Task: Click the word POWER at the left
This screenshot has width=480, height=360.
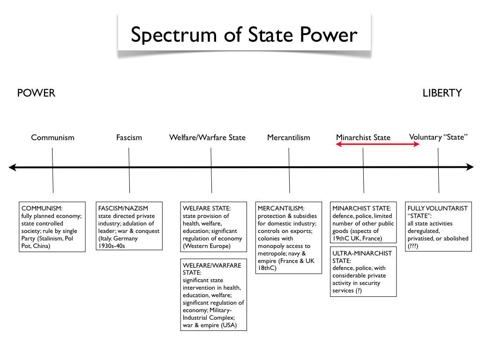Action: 36,93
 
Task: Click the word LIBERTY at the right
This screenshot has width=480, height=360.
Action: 442,93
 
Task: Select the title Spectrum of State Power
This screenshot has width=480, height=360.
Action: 244,35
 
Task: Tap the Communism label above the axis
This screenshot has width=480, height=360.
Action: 52,137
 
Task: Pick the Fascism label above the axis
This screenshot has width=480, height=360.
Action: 129,137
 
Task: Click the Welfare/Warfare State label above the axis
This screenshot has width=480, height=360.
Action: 208,137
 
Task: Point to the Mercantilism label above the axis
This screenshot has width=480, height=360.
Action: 289,137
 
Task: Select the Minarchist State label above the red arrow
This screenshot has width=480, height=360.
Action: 363,137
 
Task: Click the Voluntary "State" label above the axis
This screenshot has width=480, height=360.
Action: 438,137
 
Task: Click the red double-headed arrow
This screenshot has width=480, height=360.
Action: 377,144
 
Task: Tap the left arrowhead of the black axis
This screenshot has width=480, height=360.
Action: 12,167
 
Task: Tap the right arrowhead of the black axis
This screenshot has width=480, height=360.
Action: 470,167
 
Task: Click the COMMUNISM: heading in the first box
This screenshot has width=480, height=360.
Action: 42,209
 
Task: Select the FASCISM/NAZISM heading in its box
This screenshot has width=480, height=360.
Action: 123,209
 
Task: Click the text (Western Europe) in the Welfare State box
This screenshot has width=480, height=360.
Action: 207,246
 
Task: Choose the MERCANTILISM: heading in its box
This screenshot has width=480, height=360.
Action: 281,209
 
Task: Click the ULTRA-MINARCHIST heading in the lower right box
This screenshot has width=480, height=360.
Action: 362,254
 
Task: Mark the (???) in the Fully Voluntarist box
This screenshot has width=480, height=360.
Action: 412,246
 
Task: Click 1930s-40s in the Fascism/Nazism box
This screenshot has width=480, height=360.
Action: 112,246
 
